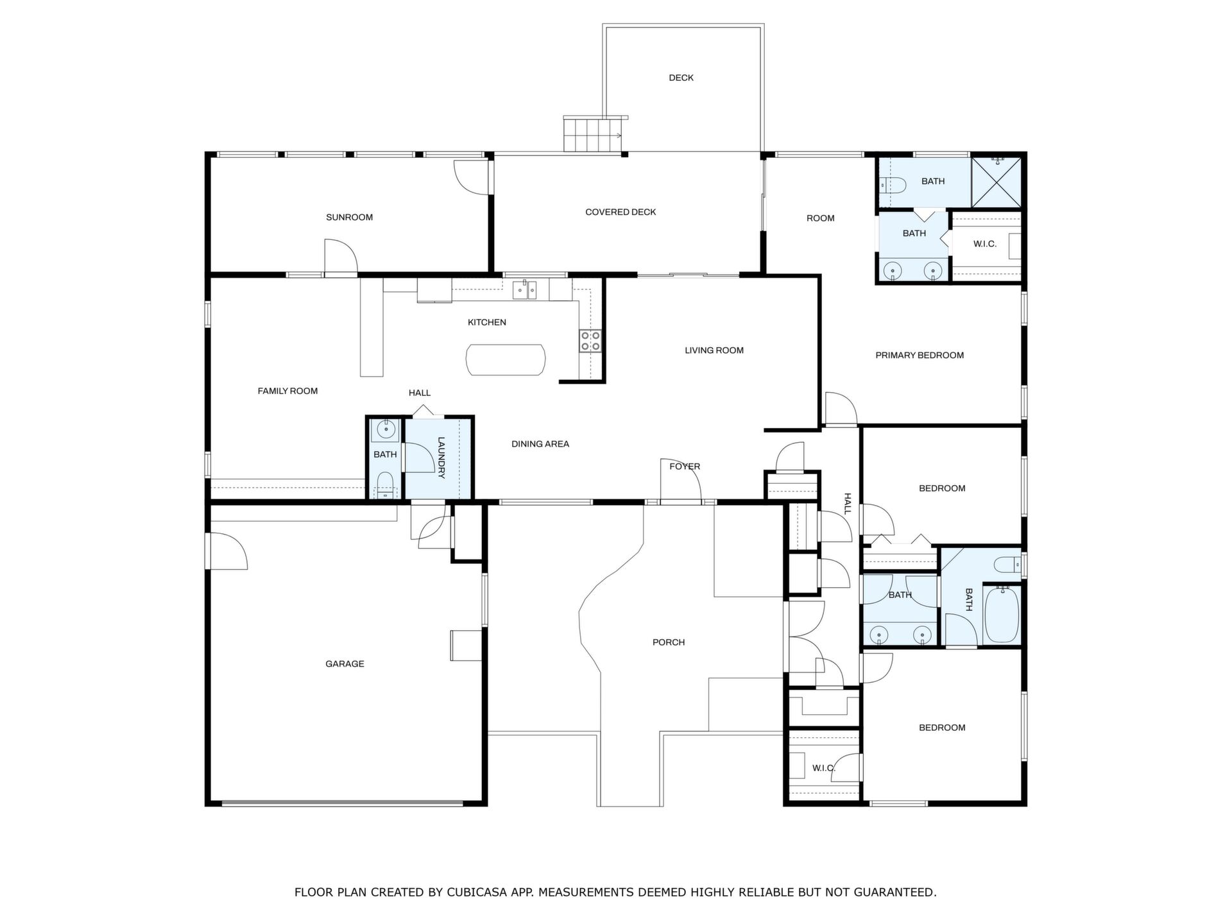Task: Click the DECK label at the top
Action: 681,78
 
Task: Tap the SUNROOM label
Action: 349,218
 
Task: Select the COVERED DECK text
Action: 620,212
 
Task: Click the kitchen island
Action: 506,360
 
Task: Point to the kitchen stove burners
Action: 590,341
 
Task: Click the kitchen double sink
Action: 524,290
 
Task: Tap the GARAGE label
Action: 345,664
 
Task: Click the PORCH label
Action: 669,642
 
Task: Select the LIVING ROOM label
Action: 714,350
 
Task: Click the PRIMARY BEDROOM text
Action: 920,355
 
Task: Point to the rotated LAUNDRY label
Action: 441,458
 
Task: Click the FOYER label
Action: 685,466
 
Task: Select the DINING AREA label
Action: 540,444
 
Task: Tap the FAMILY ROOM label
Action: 287,391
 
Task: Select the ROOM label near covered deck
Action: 821,219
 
